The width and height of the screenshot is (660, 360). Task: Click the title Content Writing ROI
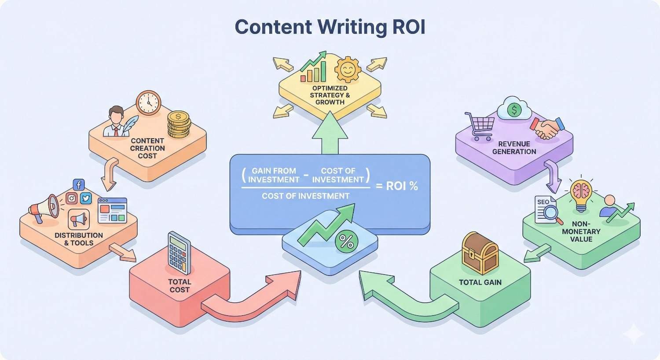(x=330, y=27)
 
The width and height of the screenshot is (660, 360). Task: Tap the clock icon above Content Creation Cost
(x=148, y=103)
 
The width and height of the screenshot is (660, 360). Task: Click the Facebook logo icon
(x=79, y=185)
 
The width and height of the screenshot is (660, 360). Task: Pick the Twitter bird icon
(x=86, y=198)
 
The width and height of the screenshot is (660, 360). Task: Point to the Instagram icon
(x=71, y=199)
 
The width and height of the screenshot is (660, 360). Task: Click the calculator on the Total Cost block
(x=179, y=254)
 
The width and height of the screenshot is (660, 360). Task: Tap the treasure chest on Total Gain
(x=480, y=254)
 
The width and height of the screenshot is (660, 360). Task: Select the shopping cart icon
(x=479, y=126)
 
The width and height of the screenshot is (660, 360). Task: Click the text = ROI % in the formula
(x=396, y=186)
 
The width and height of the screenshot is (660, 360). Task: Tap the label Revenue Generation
(x=514, y=148)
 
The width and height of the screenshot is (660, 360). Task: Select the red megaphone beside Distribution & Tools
(x=44, y=207)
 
